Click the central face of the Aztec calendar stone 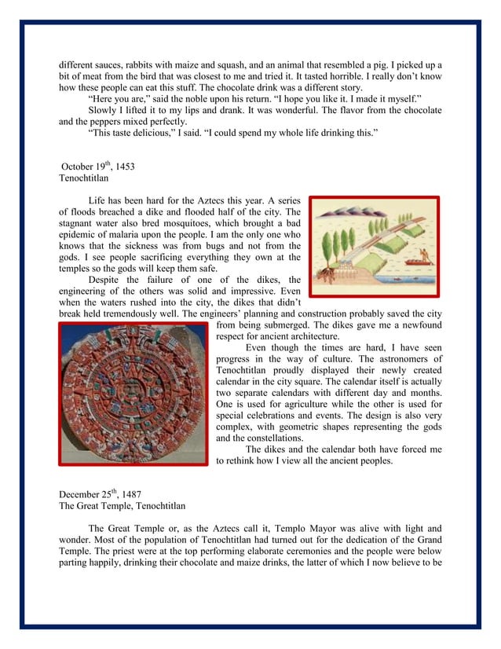134,393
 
